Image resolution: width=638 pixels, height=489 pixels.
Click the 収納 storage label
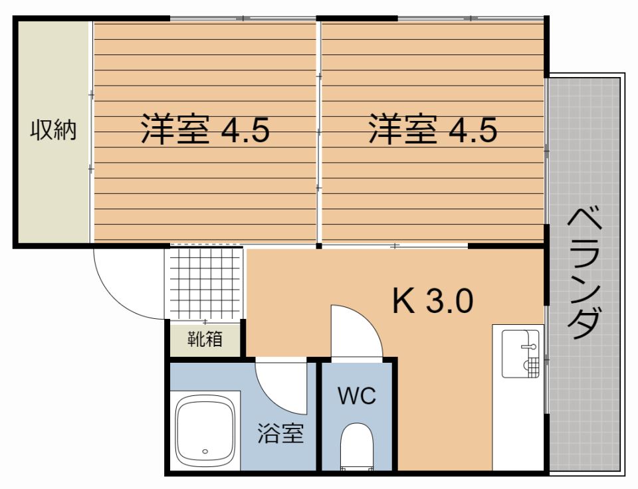point(53,130)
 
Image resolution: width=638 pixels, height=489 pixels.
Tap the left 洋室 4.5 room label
point(205,130)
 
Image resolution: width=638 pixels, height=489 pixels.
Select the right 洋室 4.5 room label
point(433,130)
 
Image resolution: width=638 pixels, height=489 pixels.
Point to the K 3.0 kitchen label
point(433,300)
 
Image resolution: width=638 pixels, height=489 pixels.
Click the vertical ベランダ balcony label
point(584,274)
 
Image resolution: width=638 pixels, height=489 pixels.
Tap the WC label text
point(357,395)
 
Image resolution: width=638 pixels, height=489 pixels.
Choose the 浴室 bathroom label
point(280,433)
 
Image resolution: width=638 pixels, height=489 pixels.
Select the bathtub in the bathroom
point(205,431)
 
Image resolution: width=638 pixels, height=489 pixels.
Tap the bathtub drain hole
point(205,451)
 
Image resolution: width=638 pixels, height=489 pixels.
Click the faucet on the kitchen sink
point(529,347)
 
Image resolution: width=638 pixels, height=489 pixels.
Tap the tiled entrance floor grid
point(205,283)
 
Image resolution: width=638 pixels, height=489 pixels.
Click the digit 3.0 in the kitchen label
point(450,300)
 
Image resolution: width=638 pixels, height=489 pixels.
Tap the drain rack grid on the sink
point(531,367)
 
